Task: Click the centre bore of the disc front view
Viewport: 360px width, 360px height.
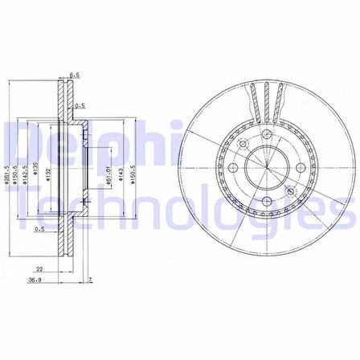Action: (264, 168)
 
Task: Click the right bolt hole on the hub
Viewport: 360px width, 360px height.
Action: (299, 168)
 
